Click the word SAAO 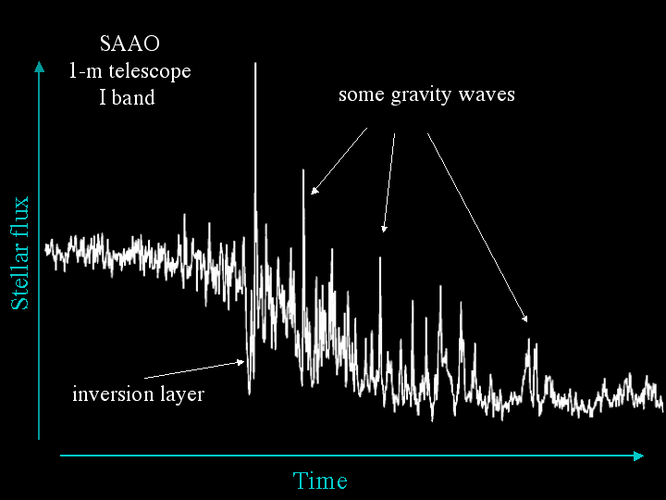point(129,44)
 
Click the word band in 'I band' point(133,97)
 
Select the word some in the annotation point(361,95)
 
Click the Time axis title point(320,481)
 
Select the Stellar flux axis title point(19,253)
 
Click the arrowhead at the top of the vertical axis point(39,67)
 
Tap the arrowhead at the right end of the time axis point(639,456)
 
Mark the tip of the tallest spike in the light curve point(255,63)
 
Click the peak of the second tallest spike point(303,169)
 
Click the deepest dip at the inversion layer point(250,394)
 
